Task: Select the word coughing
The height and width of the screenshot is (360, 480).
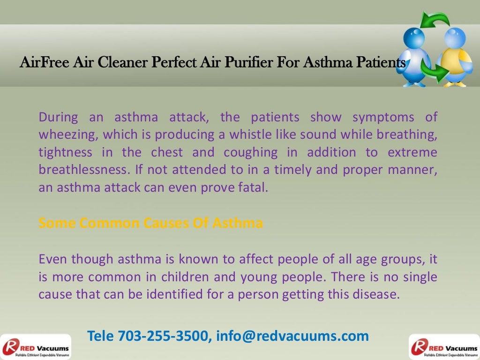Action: (x=250, y=152)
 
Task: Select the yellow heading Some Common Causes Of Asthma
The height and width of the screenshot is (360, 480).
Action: (x=150, y=223)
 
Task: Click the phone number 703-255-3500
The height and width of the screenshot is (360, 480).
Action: (x=163, y=336)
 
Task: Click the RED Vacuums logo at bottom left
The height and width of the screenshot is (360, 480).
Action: (x=36, y=347)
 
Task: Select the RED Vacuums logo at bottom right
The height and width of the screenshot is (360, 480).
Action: (x=444, y=347)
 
